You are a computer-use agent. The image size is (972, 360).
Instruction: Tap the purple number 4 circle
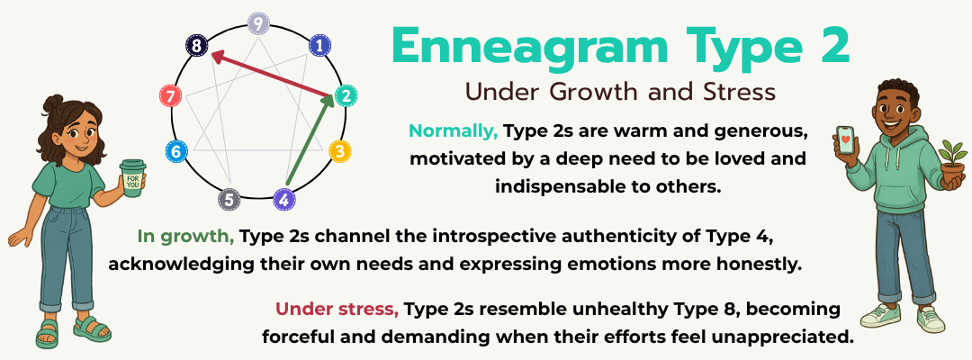[284, 200]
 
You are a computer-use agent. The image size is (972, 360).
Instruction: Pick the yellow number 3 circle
[338, 151]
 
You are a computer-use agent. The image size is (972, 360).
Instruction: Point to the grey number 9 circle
[258, 23]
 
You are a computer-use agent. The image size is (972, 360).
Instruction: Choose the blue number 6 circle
[176, 151]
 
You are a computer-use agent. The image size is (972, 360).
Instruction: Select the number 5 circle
[230, 199]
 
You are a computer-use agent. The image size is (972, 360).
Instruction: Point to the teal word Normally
[454, 130]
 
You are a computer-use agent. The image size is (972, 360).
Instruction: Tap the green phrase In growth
[185, 237]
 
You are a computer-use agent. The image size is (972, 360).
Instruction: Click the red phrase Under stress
[337, 309]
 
